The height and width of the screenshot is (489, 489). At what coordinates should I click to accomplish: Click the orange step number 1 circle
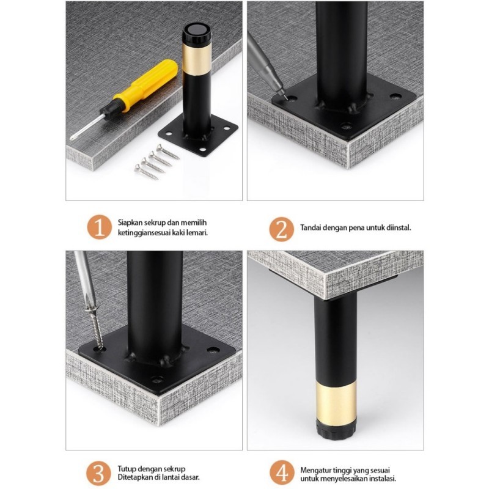tap(99, 227)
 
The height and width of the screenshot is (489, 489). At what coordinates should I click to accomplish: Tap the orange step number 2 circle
tap(282, 229)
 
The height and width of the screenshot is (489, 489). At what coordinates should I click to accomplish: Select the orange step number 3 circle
tap(98, 473)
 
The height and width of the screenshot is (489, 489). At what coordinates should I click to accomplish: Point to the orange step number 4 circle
tap(282, 472)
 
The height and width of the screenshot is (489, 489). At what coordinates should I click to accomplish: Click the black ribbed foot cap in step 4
tap(336, 430)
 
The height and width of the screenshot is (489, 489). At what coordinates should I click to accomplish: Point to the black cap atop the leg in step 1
tap(197, 34)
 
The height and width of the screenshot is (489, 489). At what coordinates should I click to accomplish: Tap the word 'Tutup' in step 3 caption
tap(127, 469)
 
